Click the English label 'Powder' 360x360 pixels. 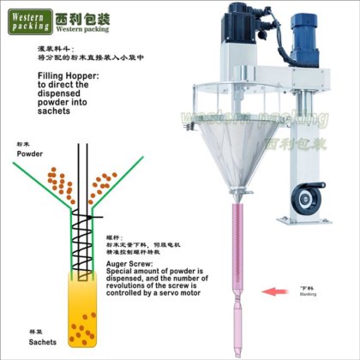point(29,153)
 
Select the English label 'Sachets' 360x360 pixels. point(30,340)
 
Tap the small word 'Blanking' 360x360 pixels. point(308,293)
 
